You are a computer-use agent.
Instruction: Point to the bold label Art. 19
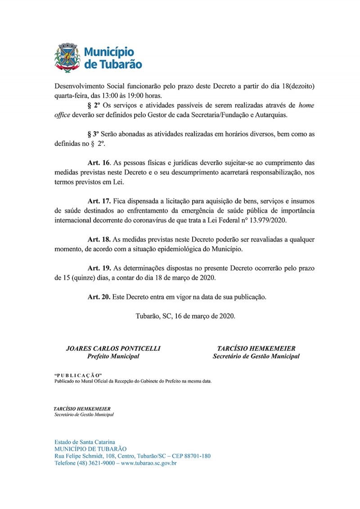(x=99, y=268)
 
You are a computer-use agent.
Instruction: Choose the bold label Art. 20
(x=99, y=297)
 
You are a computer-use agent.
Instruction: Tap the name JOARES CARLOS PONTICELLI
(x=113, y=349)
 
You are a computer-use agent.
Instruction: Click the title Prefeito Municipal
(x=113, y=356)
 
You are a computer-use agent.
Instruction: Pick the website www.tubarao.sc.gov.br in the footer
(x=148, y=463)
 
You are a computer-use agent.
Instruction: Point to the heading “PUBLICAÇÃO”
(x=77, y=375)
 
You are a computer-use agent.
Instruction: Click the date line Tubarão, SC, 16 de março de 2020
(x=185, y=316)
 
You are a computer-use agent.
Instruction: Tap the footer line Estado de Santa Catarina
(x=85, y=442)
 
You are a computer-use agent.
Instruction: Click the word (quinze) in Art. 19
(x=84, y=278)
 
